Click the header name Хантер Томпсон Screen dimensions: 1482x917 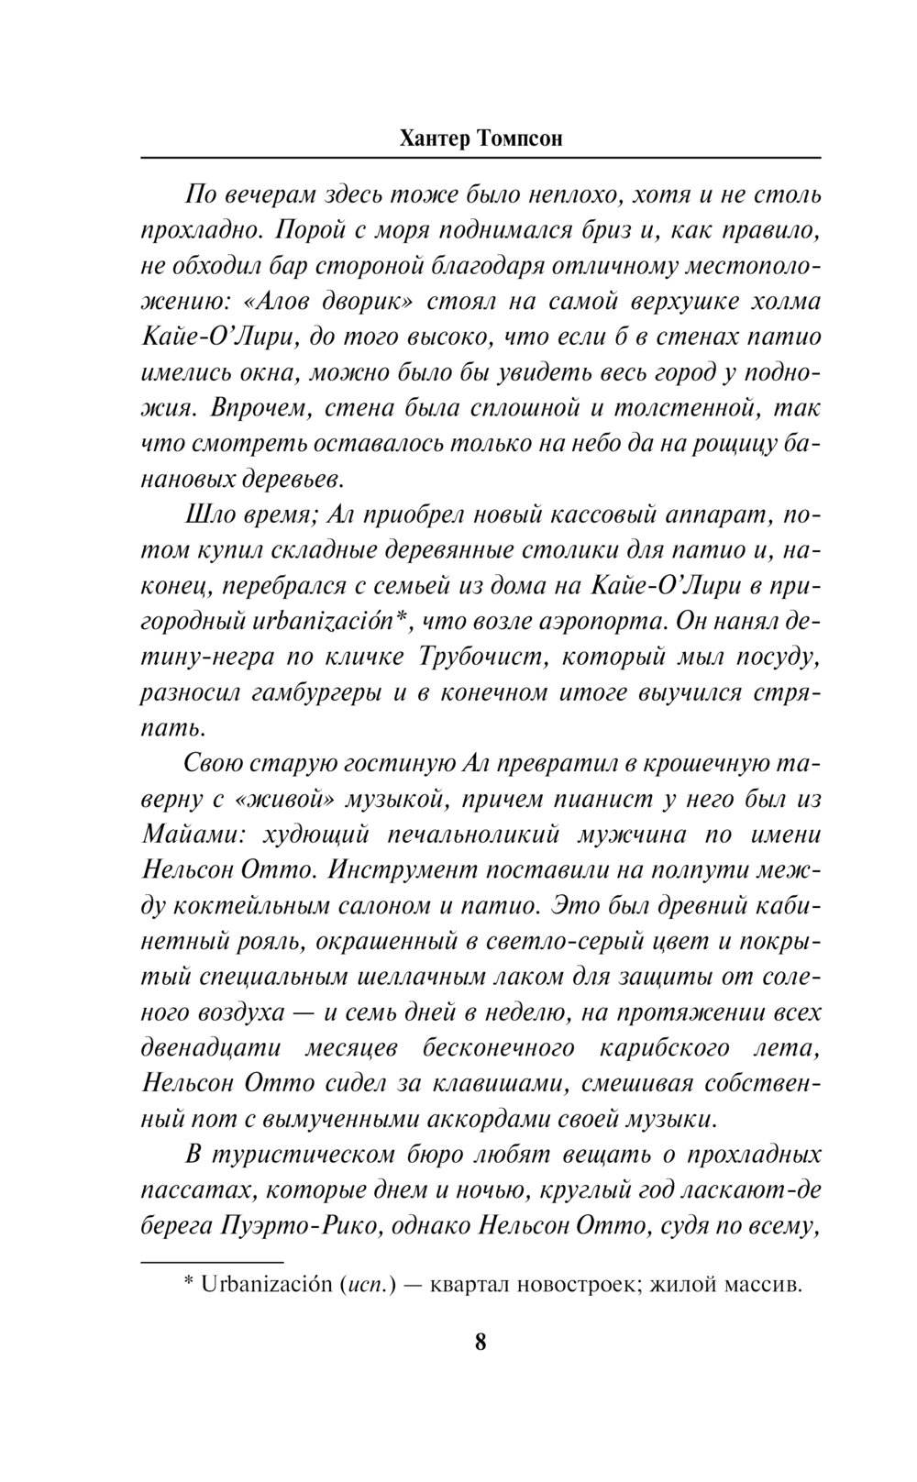(x=481, y=139)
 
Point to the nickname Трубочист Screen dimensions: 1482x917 (x=480, y=658)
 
